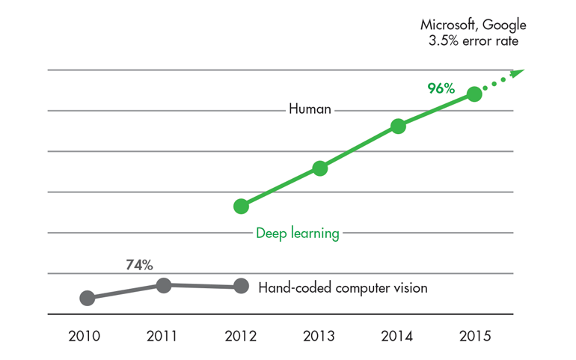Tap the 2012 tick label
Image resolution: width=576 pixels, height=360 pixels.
[x=241, y=336]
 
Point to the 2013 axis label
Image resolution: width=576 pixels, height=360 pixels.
[x=319, y=336]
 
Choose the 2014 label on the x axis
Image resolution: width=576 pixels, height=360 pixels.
[x=398, y=336]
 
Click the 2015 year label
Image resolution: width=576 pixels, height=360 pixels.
[x=475, y=336]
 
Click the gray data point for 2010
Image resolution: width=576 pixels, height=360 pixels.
[x=87, y=298]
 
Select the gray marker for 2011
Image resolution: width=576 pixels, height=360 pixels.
[x=164, y=284]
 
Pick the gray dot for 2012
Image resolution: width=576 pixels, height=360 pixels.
[x=241, y=285]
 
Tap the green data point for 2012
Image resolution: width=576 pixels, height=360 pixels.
[x=241, y=206]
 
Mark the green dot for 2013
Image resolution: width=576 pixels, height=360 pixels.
[x=319, y=168]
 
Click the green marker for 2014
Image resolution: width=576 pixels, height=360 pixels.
[x=398, y=126]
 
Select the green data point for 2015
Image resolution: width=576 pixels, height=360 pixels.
[x=474, y=94]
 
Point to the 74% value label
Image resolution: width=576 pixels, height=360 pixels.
[x=138, y=264]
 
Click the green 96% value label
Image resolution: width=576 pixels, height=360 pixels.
[x=441, y=88]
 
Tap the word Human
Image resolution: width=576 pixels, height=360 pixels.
[x=310, y=109]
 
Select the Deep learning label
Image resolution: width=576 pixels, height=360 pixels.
[x=298, y=234]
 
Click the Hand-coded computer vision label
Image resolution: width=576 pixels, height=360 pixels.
[x=343, y=287]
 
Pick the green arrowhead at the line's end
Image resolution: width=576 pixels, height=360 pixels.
[x=520, y=73]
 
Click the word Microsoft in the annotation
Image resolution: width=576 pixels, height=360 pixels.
[x=448, y=25]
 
